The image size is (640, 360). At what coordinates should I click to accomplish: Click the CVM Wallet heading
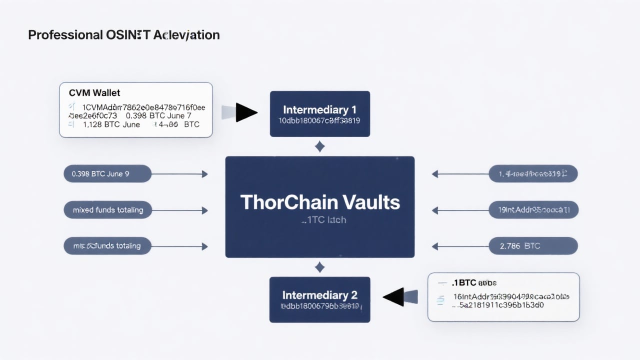pos(94,93)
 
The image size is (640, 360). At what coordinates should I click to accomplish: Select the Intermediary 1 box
pos(320,113)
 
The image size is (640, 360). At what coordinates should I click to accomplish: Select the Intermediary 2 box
pos(320,299)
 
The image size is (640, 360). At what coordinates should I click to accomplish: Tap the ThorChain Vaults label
pos(320,202)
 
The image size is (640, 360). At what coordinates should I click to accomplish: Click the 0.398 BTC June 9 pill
pos(107,174)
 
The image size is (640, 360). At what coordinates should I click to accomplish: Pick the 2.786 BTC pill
pos(533,246)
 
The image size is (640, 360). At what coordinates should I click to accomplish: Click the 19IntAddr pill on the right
pos(533,210)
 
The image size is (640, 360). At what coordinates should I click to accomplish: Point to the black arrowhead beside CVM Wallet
pos(245,112)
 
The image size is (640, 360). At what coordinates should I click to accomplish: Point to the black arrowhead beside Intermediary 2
pos(395,297)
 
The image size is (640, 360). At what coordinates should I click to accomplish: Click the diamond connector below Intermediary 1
pos(320,146)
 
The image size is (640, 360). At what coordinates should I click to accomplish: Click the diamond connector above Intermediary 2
pos(320,267)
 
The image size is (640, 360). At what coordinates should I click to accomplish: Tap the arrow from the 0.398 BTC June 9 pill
pos(180,174)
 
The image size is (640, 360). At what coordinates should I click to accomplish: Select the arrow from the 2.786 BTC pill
pos(460,246)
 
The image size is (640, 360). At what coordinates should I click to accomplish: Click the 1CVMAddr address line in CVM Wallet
pos(143,107)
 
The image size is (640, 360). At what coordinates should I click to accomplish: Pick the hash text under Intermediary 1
pos(320,120)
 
